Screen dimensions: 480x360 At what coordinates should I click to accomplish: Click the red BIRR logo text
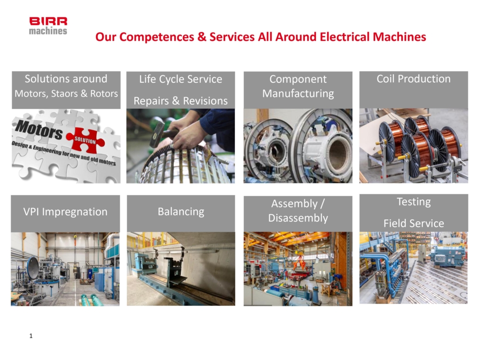point(48,21)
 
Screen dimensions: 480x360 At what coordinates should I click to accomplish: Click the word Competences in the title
point(157,37)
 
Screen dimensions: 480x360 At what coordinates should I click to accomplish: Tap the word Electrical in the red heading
point(344,37)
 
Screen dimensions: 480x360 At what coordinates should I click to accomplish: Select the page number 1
point(31,336)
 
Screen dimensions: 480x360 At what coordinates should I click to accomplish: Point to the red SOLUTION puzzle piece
point(85,140)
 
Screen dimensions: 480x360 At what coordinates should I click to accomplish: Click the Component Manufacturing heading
point(298,86)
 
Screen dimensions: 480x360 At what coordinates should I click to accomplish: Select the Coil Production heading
point(413,79)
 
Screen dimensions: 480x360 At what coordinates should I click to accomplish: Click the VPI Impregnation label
point(65,211)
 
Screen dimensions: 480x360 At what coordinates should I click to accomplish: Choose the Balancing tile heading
point(181,211)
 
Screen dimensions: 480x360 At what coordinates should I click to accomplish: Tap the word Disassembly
point(298,218)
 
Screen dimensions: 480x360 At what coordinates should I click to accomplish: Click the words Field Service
point(413,223)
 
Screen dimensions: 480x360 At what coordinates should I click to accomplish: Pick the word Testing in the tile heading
point(413,202)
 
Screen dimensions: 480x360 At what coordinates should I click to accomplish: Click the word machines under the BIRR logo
point(48,31)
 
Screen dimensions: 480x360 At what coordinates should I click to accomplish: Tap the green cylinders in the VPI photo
point(92,300)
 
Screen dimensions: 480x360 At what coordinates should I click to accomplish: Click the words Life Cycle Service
point(181,79)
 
